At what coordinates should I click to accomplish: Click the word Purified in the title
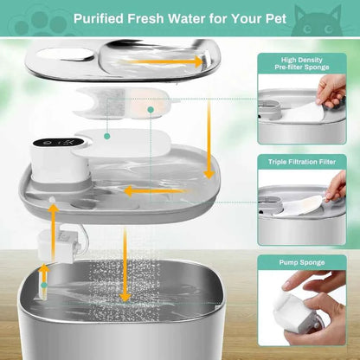point(101,18)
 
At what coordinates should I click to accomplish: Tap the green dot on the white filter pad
point(106,135)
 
